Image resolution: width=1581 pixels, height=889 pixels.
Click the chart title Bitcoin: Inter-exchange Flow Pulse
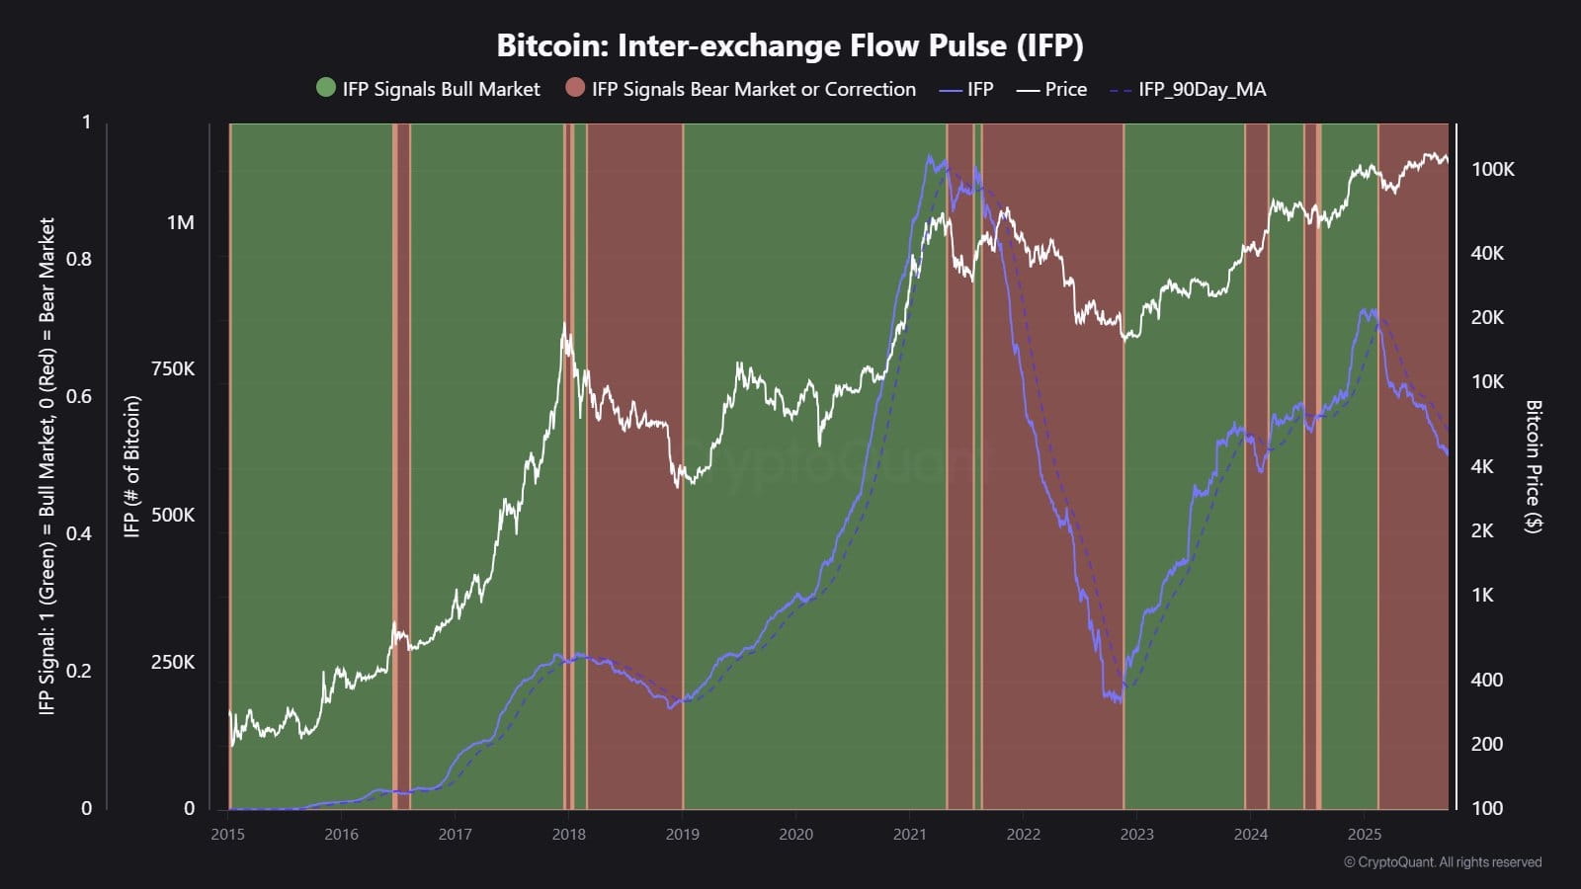(790, 45)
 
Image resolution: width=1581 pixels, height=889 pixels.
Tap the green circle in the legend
(326, 89)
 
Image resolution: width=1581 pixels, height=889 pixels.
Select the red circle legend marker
(575, 89)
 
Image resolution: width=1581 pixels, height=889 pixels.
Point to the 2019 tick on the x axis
(682, 834)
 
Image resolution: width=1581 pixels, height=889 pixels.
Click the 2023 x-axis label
(1136, 834)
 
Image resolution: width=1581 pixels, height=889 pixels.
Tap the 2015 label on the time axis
(227, 834)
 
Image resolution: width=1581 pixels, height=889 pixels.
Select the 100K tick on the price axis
(1492, 169)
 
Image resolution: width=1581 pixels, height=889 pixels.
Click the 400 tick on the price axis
(1487, 680)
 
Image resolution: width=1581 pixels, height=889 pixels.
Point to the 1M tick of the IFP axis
(180, 222)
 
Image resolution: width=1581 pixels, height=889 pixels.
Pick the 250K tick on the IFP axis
(173, 662)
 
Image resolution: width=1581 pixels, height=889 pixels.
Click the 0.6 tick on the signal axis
(79, 396)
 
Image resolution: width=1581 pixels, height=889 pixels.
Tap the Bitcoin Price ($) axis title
(1534, 466)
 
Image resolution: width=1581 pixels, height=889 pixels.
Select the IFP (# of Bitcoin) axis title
(131, 466)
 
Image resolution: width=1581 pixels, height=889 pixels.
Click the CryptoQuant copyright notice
(1443, 862)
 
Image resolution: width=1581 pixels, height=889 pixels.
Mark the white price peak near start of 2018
(564, 324)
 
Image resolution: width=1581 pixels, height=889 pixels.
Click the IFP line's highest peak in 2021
(929, 155)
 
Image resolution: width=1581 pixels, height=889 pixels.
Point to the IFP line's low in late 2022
(1118, 700)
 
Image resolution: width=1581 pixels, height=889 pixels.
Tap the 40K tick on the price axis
(1487, 253)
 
